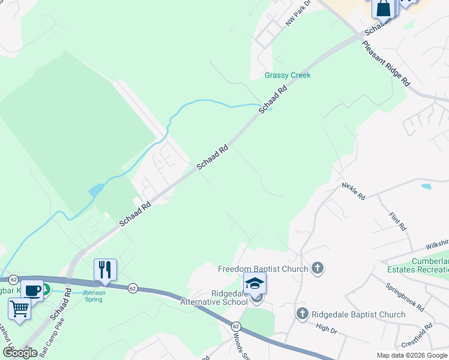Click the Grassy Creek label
click(288, 75)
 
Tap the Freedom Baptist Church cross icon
click(318, 269)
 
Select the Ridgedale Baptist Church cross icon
click(303, 314)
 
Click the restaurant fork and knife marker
click(106, 269)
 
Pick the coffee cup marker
click(32, 290)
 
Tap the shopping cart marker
click(19, 309)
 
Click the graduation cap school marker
click(255, 283)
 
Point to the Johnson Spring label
click(94, 296)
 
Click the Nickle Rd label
click(354, 191)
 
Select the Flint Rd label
click(398, 221)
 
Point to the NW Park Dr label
click(300, 13)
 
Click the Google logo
click(20, 353)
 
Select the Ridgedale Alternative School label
click(214, 298)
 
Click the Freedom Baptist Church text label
click(263, 269)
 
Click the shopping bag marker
click(383, 9)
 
